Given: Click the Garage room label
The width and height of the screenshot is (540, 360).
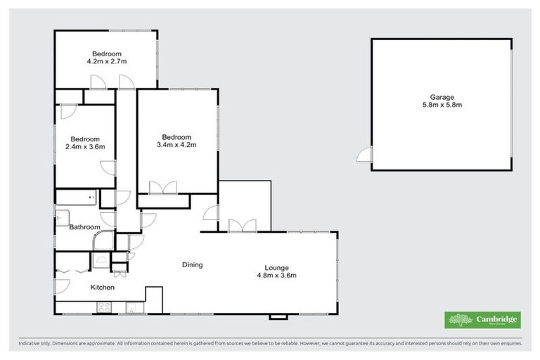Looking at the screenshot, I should [442, 97].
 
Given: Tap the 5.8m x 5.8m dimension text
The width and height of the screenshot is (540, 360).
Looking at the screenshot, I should [442, 105].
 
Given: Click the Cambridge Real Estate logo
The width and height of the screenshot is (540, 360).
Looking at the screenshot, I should [482, 320].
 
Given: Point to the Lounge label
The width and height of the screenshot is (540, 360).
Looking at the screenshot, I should [276, 267].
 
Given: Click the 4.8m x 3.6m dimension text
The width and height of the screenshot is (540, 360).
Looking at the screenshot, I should [276, 275].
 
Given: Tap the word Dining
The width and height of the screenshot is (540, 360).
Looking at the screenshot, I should [192, 265].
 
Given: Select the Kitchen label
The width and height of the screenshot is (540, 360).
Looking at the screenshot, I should [102, 288].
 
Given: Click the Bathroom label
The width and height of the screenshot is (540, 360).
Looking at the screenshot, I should [84, 227].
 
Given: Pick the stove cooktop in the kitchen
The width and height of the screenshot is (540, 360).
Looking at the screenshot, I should [103, 307].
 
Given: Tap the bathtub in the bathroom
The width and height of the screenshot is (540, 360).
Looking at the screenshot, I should [77, 198].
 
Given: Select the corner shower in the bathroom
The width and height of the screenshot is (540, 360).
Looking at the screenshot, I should [103, 241].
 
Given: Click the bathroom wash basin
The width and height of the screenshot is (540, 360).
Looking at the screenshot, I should [60, 218].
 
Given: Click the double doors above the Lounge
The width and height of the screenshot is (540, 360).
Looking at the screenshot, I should [242, 225].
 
